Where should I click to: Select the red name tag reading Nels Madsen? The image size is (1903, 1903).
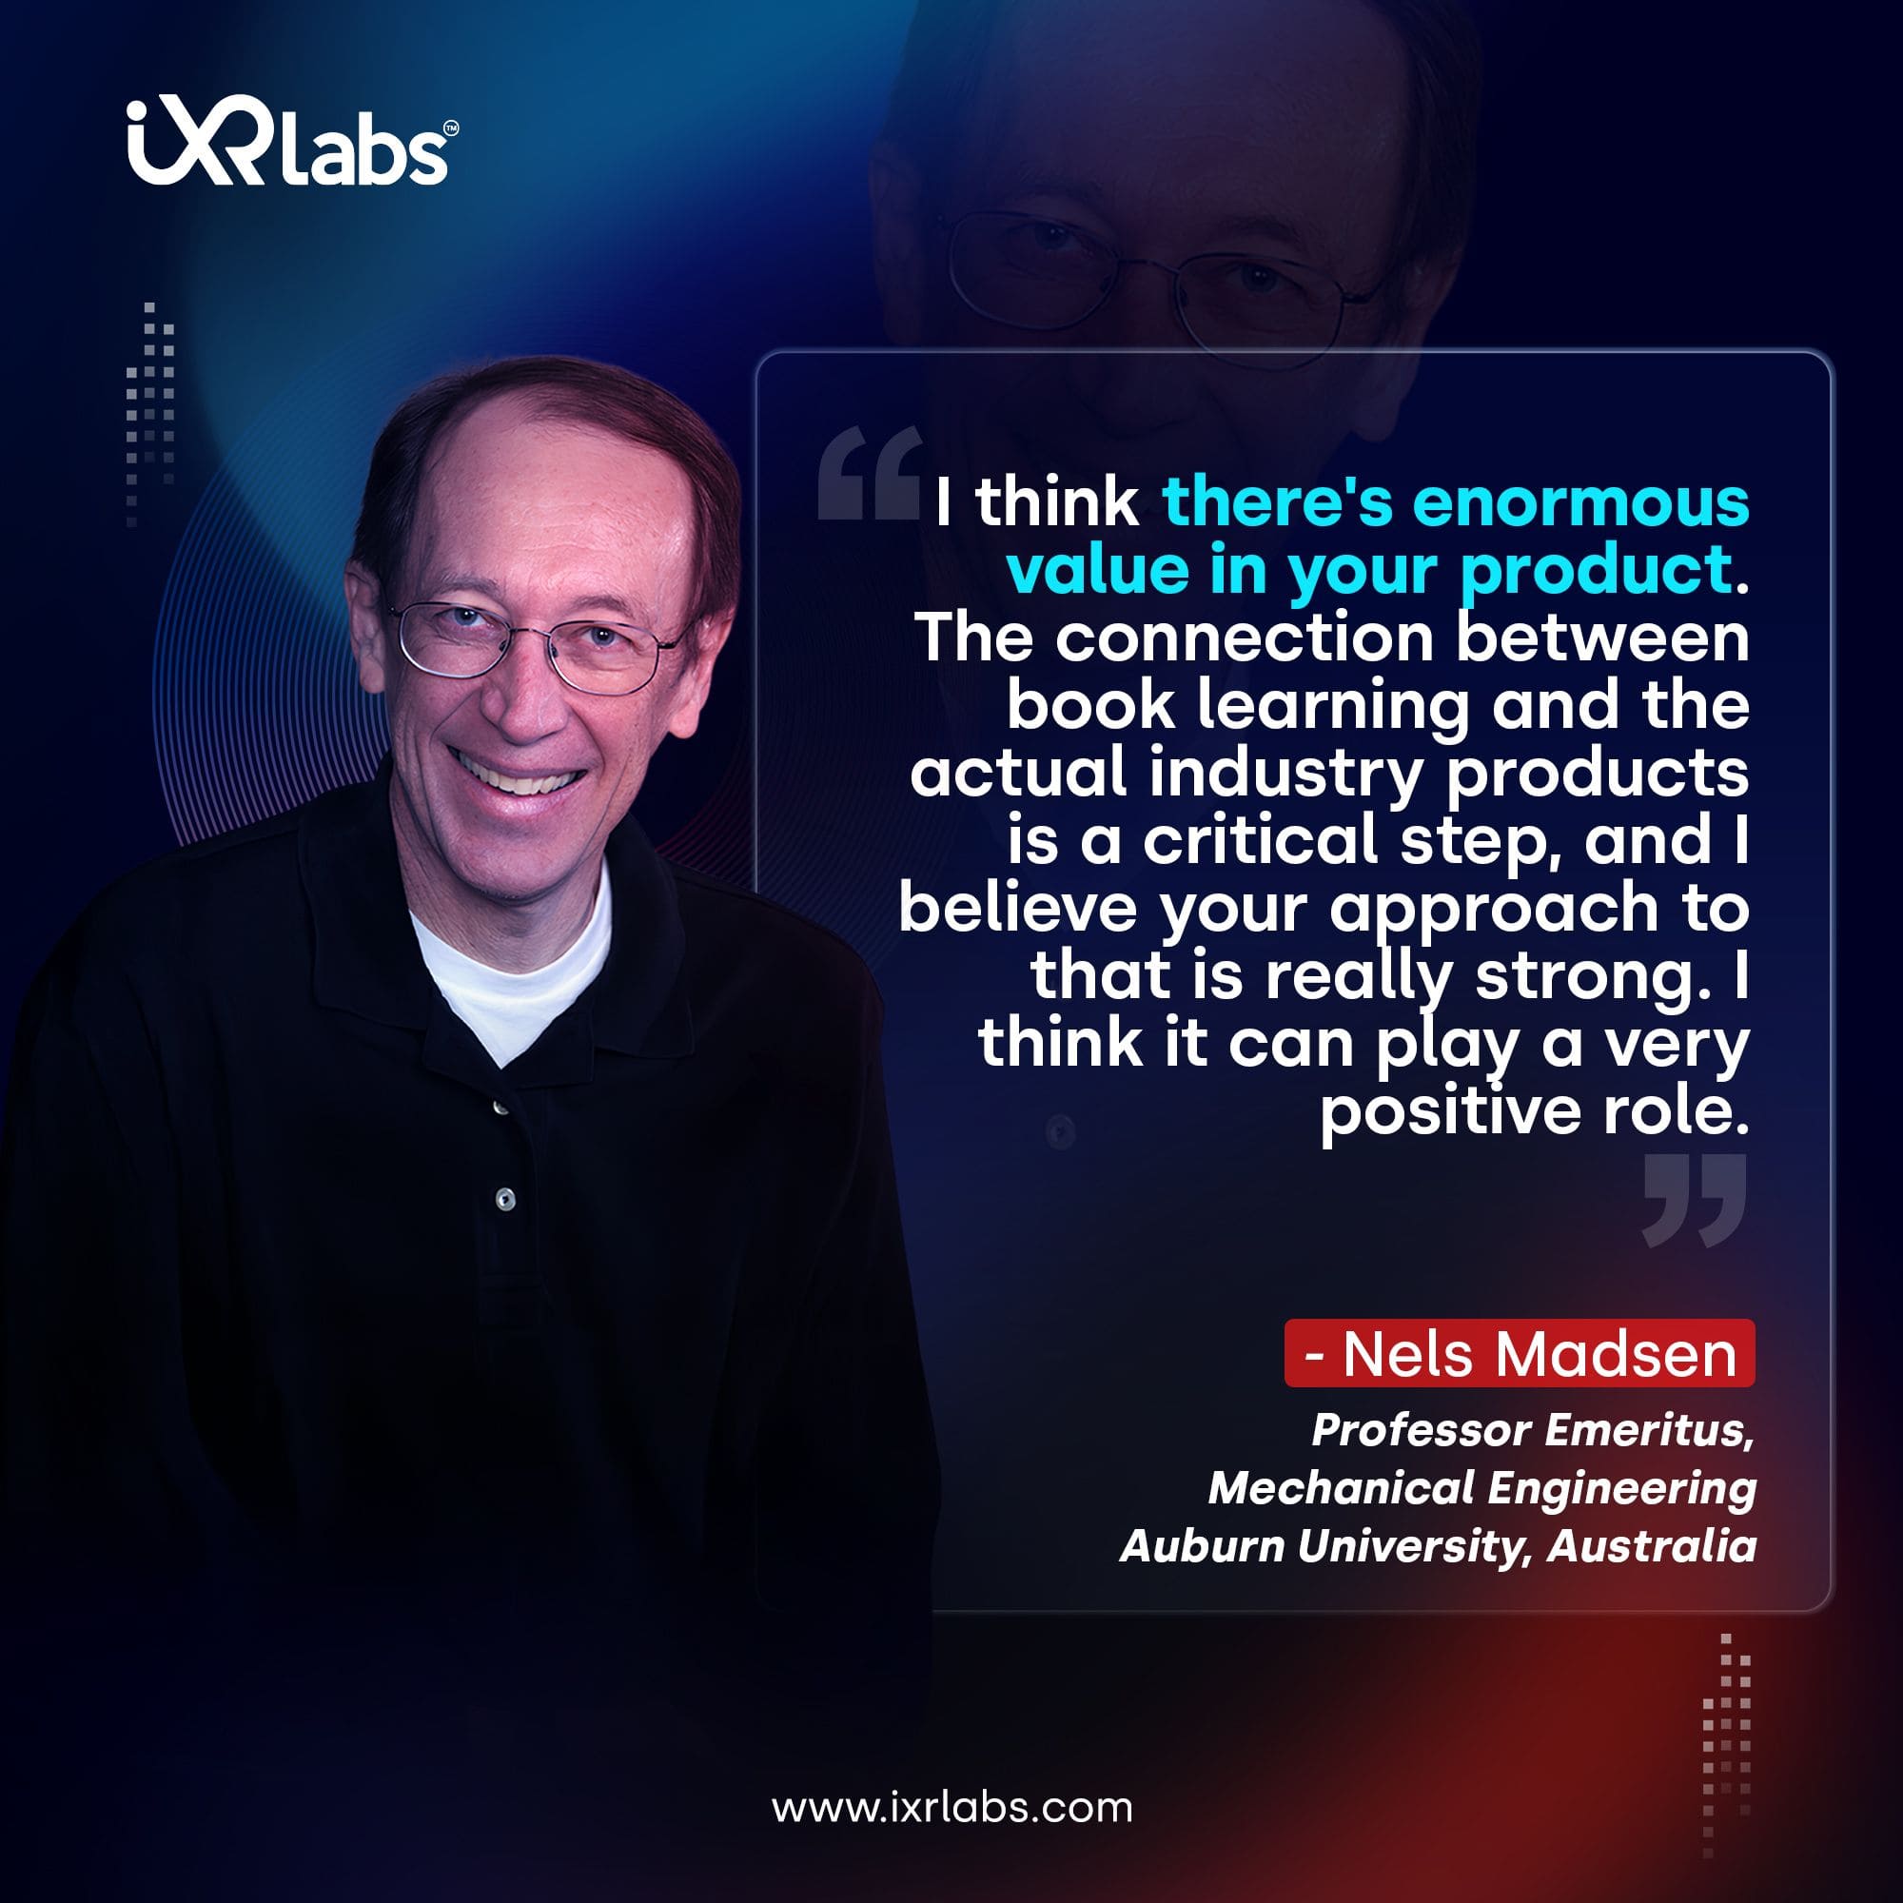pyautogui.click(x=1519, y=1353)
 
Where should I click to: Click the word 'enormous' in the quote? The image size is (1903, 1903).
pyautogui.click(x=1580, y=502)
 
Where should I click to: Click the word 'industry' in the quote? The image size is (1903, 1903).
pyautogui.click(x=1286, y=775)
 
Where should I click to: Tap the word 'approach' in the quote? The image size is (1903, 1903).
pyautogui.click(x=1494, y=912)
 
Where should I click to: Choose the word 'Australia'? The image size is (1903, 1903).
pyautogui.click(x=1651, y=1545)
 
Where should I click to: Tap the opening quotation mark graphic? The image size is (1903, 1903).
pyautogui.click(x=871, y=472)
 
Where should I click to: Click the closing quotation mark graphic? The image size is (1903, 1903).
pyautogui.click(x=1696, y=1201)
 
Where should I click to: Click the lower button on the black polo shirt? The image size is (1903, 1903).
pyautogui.click(x=505, y=1198)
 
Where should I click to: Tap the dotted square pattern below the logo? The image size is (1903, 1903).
pyautogui.click(x=149, y=415)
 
